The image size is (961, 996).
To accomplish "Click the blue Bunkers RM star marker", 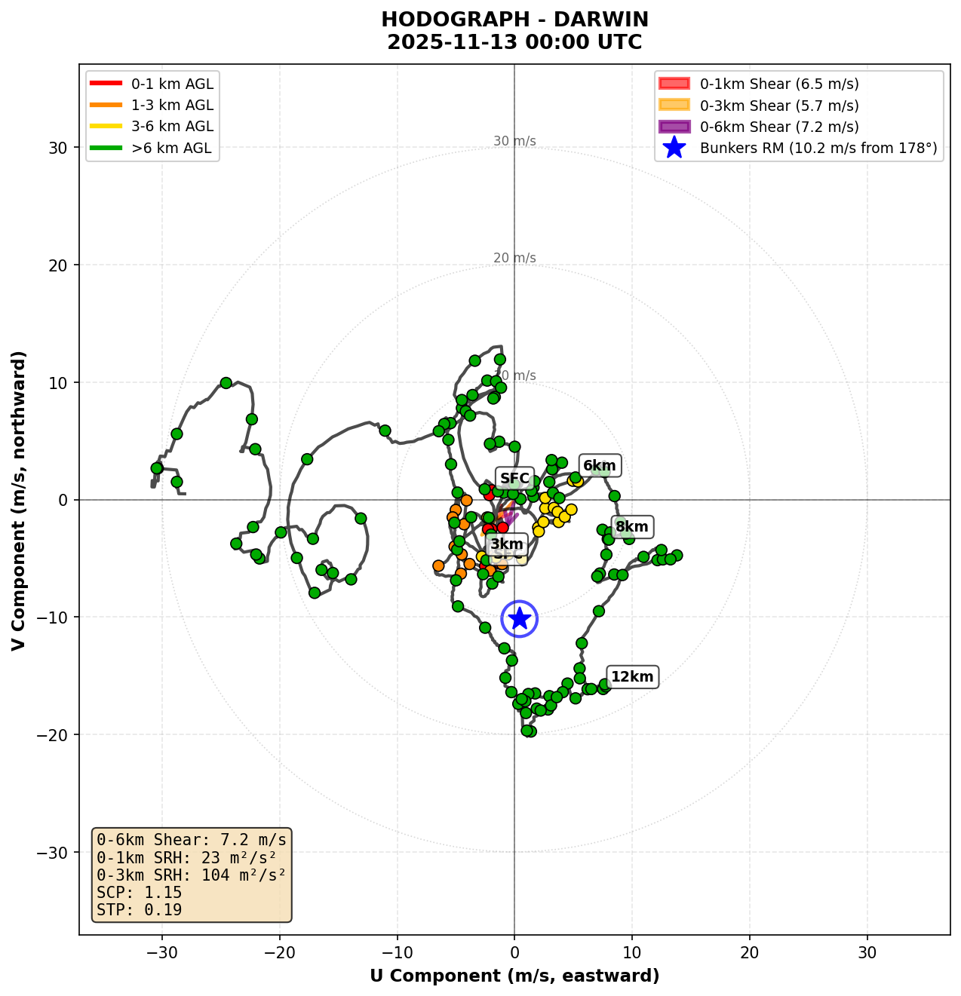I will tap(519, 618).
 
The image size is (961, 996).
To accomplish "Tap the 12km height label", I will tap(632, 677).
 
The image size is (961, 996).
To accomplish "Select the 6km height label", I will tap(600, 466).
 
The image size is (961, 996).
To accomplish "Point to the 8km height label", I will tap(631, 526).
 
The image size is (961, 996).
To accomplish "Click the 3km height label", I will tap(506, 544).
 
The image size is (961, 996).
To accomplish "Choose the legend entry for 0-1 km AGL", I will tap(172, 84).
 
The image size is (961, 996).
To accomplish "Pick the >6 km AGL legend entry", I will tap(172, 149).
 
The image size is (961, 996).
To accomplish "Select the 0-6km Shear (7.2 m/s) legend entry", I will tap(779, 127).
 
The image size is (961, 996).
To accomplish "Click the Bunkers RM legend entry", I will tap(818, 149).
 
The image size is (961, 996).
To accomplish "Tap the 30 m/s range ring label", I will tap(514, 141).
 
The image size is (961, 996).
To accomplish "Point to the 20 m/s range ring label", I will tap(514, 259).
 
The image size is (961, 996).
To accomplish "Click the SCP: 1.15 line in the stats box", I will tap(140, 893).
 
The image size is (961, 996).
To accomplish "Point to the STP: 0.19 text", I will tap(140, 910).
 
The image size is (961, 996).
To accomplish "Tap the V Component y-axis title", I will tap(19, 500).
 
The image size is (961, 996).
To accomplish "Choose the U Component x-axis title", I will tap(514, 976).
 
